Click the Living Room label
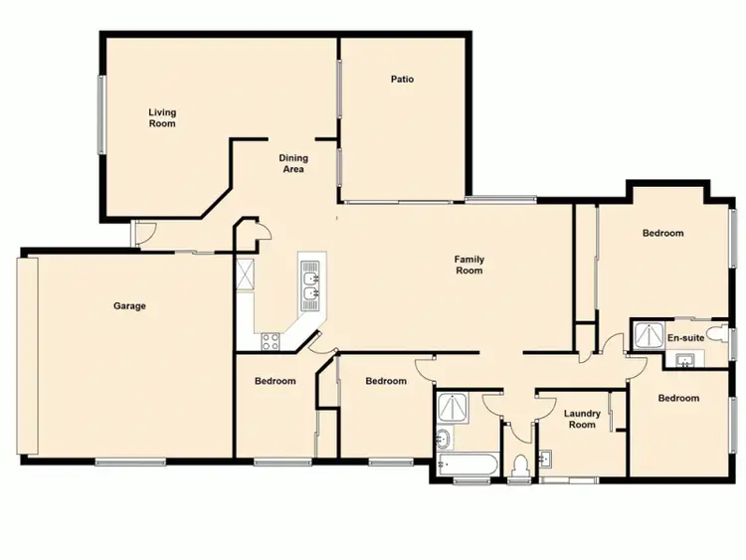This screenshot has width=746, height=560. pyautogui.click(x=162, y=118)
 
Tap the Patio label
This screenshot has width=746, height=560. pyautogui.click(x=402, y=80)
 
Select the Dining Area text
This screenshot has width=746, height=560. pyautogui.click(x=292, y=164)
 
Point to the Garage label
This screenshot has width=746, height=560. pyautogui.click(x=129, y=306)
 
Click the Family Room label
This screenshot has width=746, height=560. pyautogui.click(x=468, y=265)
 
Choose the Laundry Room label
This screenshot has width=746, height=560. pyautogui.click(x=582, y=419)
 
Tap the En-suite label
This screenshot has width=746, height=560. pyautogui.click(x=685, y=338)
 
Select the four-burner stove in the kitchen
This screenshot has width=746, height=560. pyautogui.click(x=270, y=342)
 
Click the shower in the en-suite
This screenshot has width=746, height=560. pyautogui.click(x=647, y=335)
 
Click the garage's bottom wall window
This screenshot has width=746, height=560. pyautogui.click(x=129, y=462)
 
